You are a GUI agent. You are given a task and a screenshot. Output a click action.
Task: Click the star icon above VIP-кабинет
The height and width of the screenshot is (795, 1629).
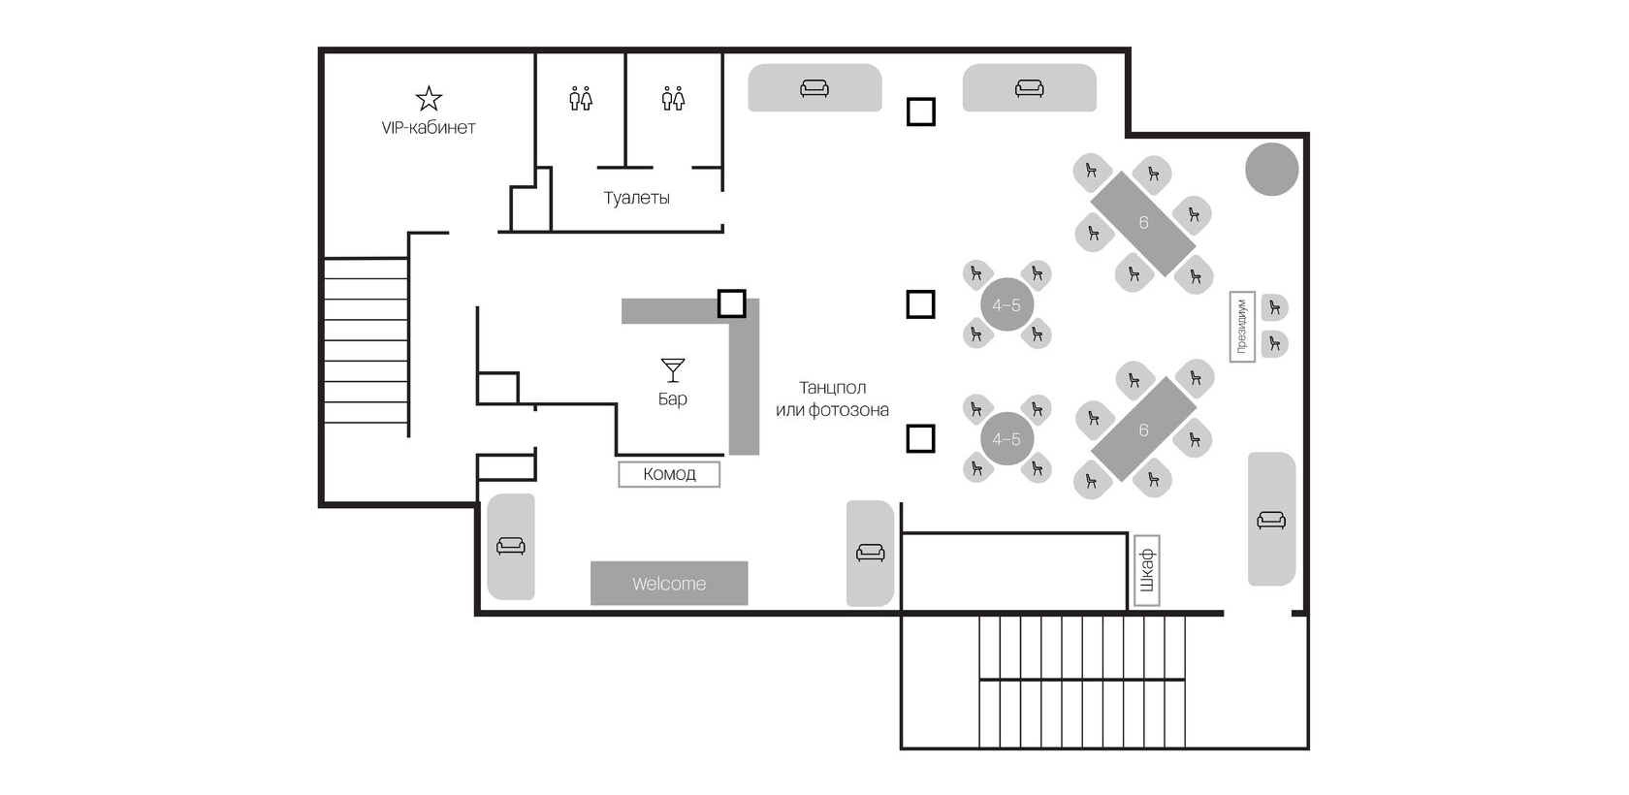(x=429, y=98)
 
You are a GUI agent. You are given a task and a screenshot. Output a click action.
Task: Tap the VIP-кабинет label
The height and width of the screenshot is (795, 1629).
(x=429, y=127)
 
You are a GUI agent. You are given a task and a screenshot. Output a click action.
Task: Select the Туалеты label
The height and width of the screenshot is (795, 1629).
(x=636, y=198)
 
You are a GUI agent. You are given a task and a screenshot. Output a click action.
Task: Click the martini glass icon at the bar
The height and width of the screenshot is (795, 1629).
(x=673, y=369)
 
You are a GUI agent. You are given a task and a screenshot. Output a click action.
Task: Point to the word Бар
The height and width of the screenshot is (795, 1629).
(x=673, y=398)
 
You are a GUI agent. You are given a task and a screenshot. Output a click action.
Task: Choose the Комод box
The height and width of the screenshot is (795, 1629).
(x=669, y=474)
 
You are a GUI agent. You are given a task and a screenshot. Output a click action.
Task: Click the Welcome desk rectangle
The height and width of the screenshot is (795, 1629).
(x=669, y=584)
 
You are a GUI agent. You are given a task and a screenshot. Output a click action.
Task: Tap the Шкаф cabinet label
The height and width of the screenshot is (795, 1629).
(x=1147, y=571)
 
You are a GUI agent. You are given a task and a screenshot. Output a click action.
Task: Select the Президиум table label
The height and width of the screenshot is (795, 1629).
(x=1242, y=327)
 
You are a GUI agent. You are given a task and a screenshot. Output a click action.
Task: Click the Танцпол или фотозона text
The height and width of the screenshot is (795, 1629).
(x=832, y=398)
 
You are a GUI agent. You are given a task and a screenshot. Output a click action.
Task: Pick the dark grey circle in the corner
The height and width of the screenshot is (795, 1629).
(x=1271, y=169)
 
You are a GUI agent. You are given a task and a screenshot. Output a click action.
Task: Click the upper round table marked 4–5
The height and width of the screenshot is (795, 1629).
(x=1006, y=304)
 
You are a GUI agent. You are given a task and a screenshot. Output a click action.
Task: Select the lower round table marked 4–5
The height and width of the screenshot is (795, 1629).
(x=1006, y=438)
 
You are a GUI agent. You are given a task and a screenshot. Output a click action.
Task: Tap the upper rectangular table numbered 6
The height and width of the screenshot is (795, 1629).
(x=1143, y=223)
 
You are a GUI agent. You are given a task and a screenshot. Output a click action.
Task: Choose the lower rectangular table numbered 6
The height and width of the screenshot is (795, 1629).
(x=1143, y=429)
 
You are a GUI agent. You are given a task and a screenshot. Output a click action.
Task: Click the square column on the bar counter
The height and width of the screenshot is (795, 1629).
(x=731, y=303)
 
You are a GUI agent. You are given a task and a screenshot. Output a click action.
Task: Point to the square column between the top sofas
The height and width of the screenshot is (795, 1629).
(x=921, y=112)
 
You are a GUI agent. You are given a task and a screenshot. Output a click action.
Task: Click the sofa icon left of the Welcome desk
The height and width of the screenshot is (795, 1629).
(x=510, y=546)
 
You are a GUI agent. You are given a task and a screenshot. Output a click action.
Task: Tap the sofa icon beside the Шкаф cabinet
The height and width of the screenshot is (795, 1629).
(x=1271, y=520)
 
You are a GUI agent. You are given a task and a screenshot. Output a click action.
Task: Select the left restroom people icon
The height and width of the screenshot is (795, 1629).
(x=580, y=98)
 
